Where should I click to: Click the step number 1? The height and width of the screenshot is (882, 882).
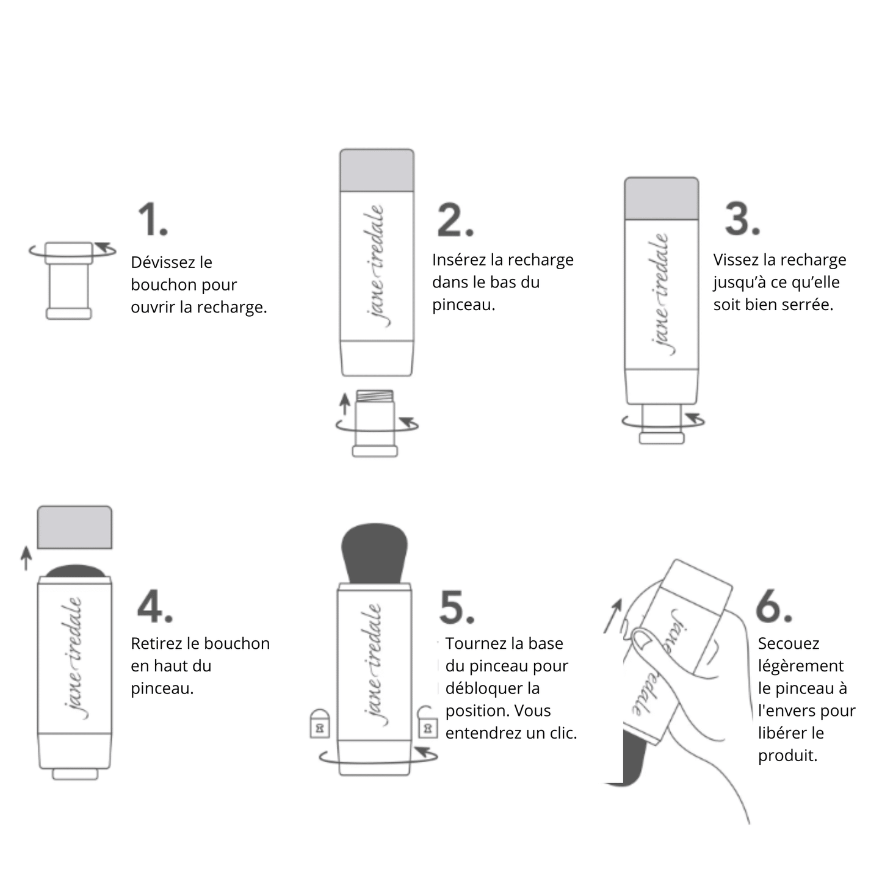point(152,219)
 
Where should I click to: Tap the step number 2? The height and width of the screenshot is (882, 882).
point(455,220)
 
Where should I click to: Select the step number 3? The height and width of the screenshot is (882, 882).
point(742,219)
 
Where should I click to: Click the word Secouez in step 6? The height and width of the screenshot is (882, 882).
point(788,644)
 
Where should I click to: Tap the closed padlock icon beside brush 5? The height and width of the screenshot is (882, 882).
point(320,725)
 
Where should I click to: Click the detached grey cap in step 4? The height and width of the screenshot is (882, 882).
point(74,527)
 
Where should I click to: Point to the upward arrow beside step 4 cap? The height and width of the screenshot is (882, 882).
point(26,558)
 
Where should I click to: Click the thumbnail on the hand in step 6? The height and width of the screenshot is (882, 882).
point(642,639)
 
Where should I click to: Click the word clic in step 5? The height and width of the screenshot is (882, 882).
point(559,733)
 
